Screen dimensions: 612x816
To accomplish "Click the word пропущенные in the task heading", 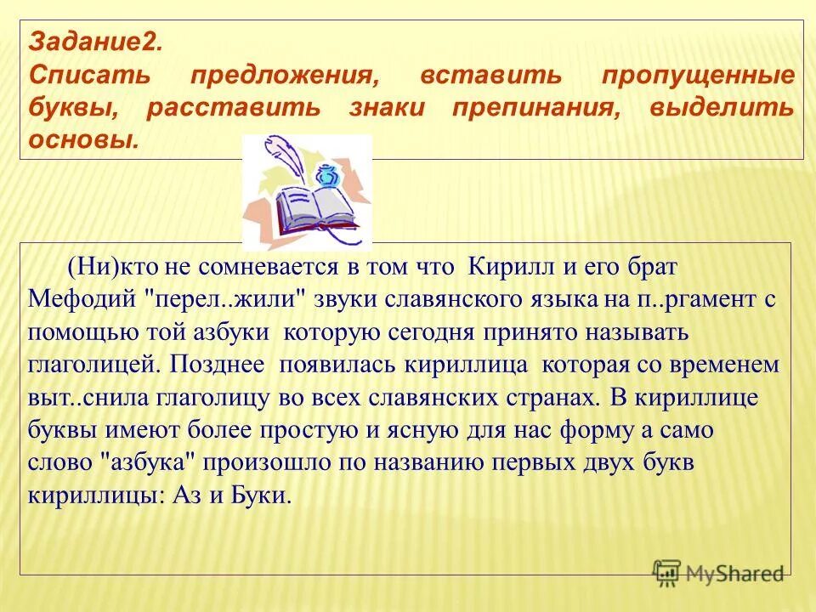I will [699, 76].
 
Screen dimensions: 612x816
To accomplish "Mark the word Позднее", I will [215, 365].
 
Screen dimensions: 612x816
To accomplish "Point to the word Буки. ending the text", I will [262, 496].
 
